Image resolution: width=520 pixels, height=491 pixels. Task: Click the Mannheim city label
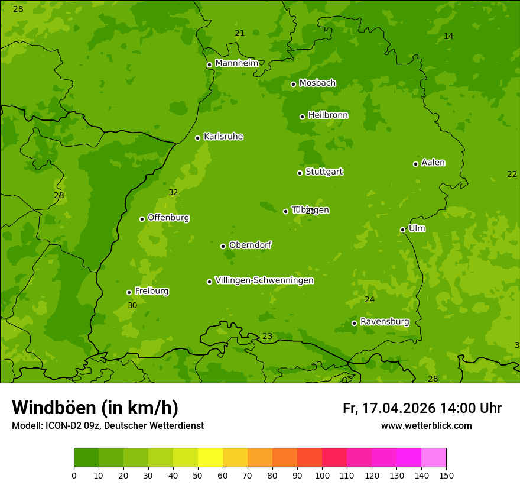click(x=236, y=63)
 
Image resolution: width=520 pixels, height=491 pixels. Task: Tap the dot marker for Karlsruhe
click(x=197, y=138)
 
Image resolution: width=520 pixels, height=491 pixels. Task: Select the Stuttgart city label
click(x=324, y=172)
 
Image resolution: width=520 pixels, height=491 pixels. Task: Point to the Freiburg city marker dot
click(x=129, y=292)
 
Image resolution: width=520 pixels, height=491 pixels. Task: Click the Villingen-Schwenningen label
click(x=264, y=280)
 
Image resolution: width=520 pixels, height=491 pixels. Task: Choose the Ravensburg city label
click(x=384, y=322)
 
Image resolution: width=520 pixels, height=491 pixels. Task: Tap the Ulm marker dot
click(x=402, y=230)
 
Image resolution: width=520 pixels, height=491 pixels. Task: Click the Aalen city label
click(x=433, y=163)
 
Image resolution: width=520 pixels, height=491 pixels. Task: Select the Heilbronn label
click(x=328, y=115)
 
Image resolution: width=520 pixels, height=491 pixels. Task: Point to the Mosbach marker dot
click(x=293, y=84)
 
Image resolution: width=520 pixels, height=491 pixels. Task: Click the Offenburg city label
click(x=168, y=218)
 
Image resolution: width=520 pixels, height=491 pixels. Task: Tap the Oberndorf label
click(x=250, y=245)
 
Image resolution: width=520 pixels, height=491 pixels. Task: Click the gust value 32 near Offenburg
click(x=173, y=193)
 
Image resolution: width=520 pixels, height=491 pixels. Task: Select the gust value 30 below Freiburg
click(x=132, y=306)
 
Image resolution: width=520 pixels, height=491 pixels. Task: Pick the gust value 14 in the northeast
click(x=448, y=37)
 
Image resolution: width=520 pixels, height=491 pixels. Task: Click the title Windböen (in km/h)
click(x=95, y=408)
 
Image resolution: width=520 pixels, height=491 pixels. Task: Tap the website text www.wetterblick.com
click(x=426, y=425)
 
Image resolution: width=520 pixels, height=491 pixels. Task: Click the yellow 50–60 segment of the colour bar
click(x=210, y=457)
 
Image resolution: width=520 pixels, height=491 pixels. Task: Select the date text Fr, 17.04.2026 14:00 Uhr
click(x=422, y=408)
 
